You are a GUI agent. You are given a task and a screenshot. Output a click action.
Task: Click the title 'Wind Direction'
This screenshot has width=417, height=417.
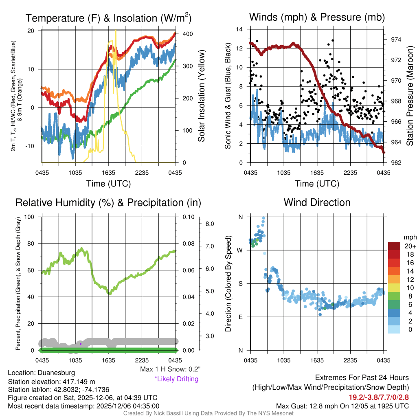[x=317, y=202]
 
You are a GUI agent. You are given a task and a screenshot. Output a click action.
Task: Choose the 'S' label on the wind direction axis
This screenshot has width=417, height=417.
[x=240, y=283]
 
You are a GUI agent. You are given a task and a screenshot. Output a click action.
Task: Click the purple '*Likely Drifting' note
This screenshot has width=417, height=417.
[x=176, y=379]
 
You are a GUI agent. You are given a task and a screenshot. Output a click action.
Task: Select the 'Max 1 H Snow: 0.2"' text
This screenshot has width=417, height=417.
[x=170, y=369]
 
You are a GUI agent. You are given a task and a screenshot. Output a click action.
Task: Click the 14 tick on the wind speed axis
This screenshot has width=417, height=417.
[x=240, y=29]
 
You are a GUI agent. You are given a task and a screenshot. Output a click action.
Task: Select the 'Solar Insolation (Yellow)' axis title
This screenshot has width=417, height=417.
[x=202, y=96]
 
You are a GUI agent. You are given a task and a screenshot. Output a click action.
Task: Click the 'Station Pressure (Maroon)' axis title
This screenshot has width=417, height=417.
[x=410, y=96]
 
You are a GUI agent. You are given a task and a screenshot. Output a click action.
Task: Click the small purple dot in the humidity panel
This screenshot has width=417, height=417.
[x=81, y=344]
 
